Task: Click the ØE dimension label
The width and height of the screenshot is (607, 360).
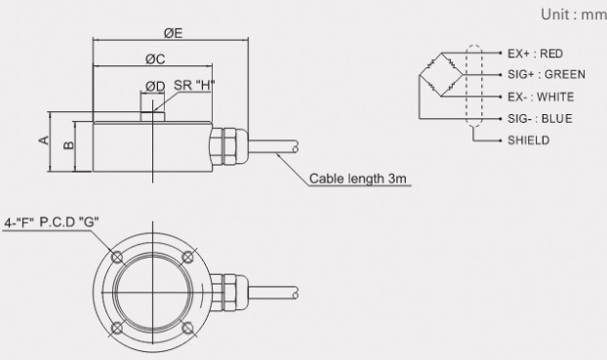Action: pyautogui.click(x=173, y=33)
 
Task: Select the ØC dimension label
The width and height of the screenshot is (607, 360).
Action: pyautogui.click(x=155, y=59)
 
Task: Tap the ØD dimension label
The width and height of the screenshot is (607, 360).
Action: pyautogui.click(x=155, y=86)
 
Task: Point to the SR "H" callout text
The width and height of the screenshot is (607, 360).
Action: pyautogui.click(x=194, y=85)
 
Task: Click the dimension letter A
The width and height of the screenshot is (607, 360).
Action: pyautogui.click(x=45, y=140)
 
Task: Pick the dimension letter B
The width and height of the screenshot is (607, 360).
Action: pyautogui.click(x=68, y=144)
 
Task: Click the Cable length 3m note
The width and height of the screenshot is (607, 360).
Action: pyautogui.click(x=358, y=179)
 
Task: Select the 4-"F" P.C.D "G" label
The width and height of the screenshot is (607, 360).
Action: pyautogui.click(x=52, y=222)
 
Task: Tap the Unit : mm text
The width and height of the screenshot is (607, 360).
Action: pyautogui.click(x=574, y=15)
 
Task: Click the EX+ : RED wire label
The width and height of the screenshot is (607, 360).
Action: pyautogui.click(x=536, y=54)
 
